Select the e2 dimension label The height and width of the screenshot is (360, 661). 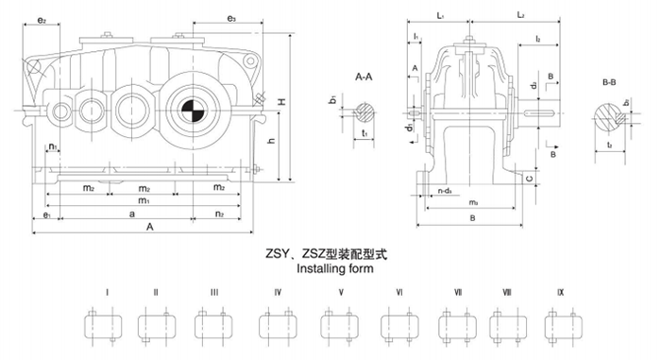coord(42,19)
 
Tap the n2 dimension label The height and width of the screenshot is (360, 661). coord(219,215)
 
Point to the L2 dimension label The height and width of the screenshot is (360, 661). coord(521,16)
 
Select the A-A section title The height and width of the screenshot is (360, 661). coord(365,75)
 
